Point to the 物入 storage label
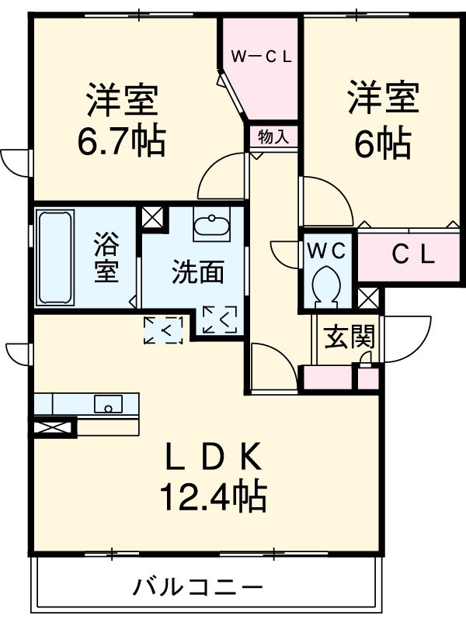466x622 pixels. point(273,136)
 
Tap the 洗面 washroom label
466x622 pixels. point(198,271)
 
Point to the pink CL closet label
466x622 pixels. point(412,254)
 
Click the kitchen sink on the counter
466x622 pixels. point(107,403)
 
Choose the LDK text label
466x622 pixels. point(213,458)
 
